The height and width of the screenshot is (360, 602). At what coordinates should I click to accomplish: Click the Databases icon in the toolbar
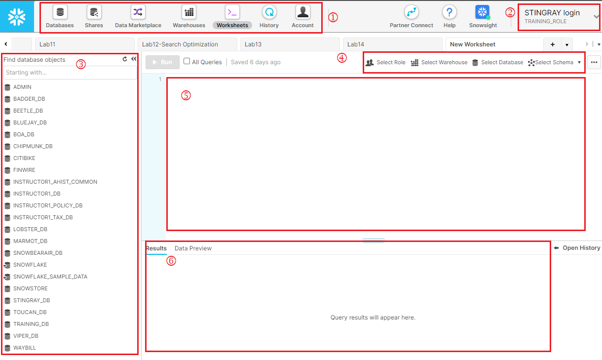60,12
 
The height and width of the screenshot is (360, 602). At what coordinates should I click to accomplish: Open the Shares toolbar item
94,12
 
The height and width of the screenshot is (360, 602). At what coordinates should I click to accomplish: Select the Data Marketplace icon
138,12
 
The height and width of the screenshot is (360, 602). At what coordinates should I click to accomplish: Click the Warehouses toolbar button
189,12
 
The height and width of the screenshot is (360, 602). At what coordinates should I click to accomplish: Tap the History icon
269,12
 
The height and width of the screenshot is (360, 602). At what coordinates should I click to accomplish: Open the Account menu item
302,12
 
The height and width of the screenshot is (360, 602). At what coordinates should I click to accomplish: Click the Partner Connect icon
412,12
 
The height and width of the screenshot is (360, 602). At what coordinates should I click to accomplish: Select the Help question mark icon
450,12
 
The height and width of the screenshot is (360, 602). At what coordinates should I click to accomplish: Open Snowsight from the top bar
483,12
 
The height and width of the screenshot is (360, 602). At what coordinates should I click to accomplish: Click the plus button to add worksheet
553,44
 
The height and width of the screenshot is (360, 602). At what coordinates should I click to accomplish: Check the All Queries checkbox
187,61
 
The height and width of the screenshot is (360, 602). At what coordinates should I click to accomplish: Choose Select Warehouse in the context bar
439,62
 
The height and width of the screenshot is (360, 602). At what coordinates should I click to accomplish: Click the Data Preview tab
193,248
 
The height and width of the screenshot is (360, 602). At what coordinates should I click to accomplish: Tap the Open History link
577,248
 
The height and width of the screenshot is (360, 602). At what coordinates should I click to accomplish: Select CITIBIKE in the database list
24,158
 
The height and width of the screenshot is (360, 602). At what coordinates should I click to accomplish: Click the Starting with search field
70,73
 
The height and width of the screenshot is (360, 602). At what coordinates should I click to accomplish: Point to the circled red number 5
186,95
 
